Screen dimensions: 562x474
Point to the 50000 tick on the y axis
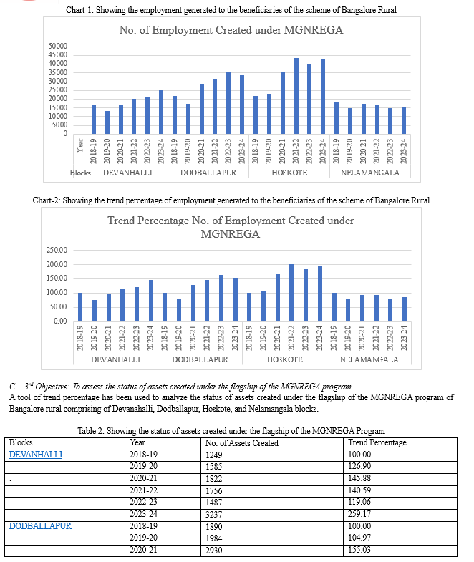(57, 47)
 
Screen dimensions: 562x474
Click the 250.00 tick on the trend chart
(57, 251)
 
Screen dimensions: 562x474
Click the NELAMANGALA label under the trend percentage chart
(369, 359)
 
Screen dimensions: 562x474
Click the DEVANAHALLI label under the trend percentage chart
(116, 359)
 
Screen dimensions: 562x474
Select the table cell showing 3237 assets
(213, 514)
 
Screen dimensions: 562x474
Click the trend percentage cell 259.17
(358, 514)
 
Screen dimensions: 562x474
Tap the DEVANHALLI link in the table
(36, 454)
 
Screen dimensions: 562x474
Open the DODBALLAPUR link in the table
(40, 526)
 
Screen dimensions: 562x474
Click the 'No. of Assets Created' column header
(241, 442)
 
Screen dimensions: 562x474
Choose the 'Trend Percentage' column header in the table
(376, 442)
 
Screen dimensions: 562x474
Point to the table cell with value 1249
(213, 454)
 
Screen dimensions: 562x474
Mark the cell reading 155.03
(358, 550)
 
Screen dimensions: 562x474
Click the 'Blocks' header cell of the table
(21, 442)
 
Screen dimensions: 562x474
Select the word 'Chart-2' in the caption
(47, 200)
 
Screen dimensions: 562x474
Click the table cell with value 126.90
(358, 466)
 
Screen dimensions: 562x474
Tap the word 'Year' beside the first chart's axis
(80, 149)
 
